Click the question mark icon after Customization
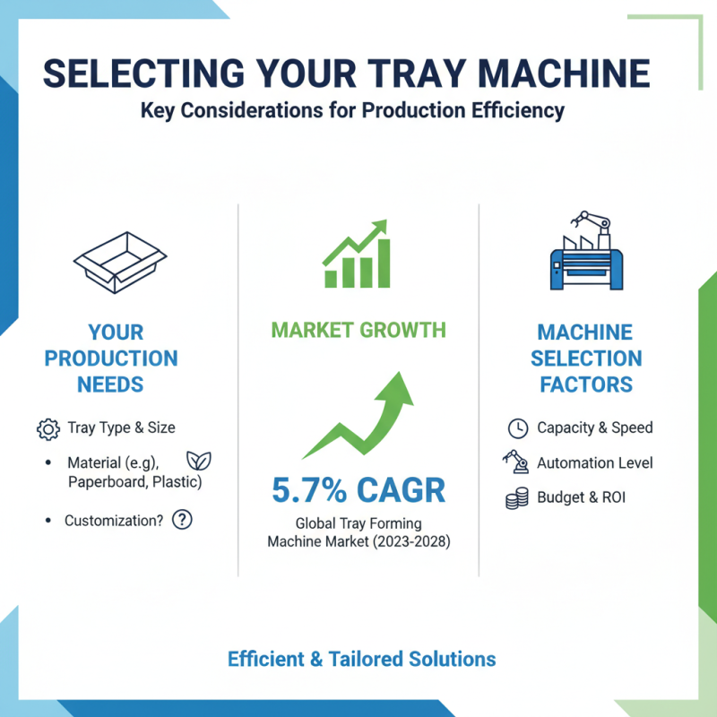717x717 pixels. click(182, 520)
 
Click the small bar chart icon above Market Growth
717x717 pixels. click(356, 255)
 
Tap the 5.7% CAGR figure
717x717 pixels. click(358, 490)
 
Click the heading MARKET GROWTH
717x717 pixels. click(358, 330)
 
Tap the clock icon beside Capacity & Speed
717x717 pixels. click(517, 428)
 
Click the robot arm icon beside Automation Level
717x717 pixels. click(515, 462)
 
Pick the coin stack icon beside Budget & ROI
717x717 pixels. click(516, 498)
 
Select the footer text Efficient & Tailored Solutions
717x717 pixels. click(361, 659)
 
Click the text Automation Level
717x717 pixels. click(594, 463)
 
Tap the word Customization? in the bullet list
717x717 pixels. click(114, 520)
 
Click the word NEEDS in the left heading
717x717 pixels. click(111, 384)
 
